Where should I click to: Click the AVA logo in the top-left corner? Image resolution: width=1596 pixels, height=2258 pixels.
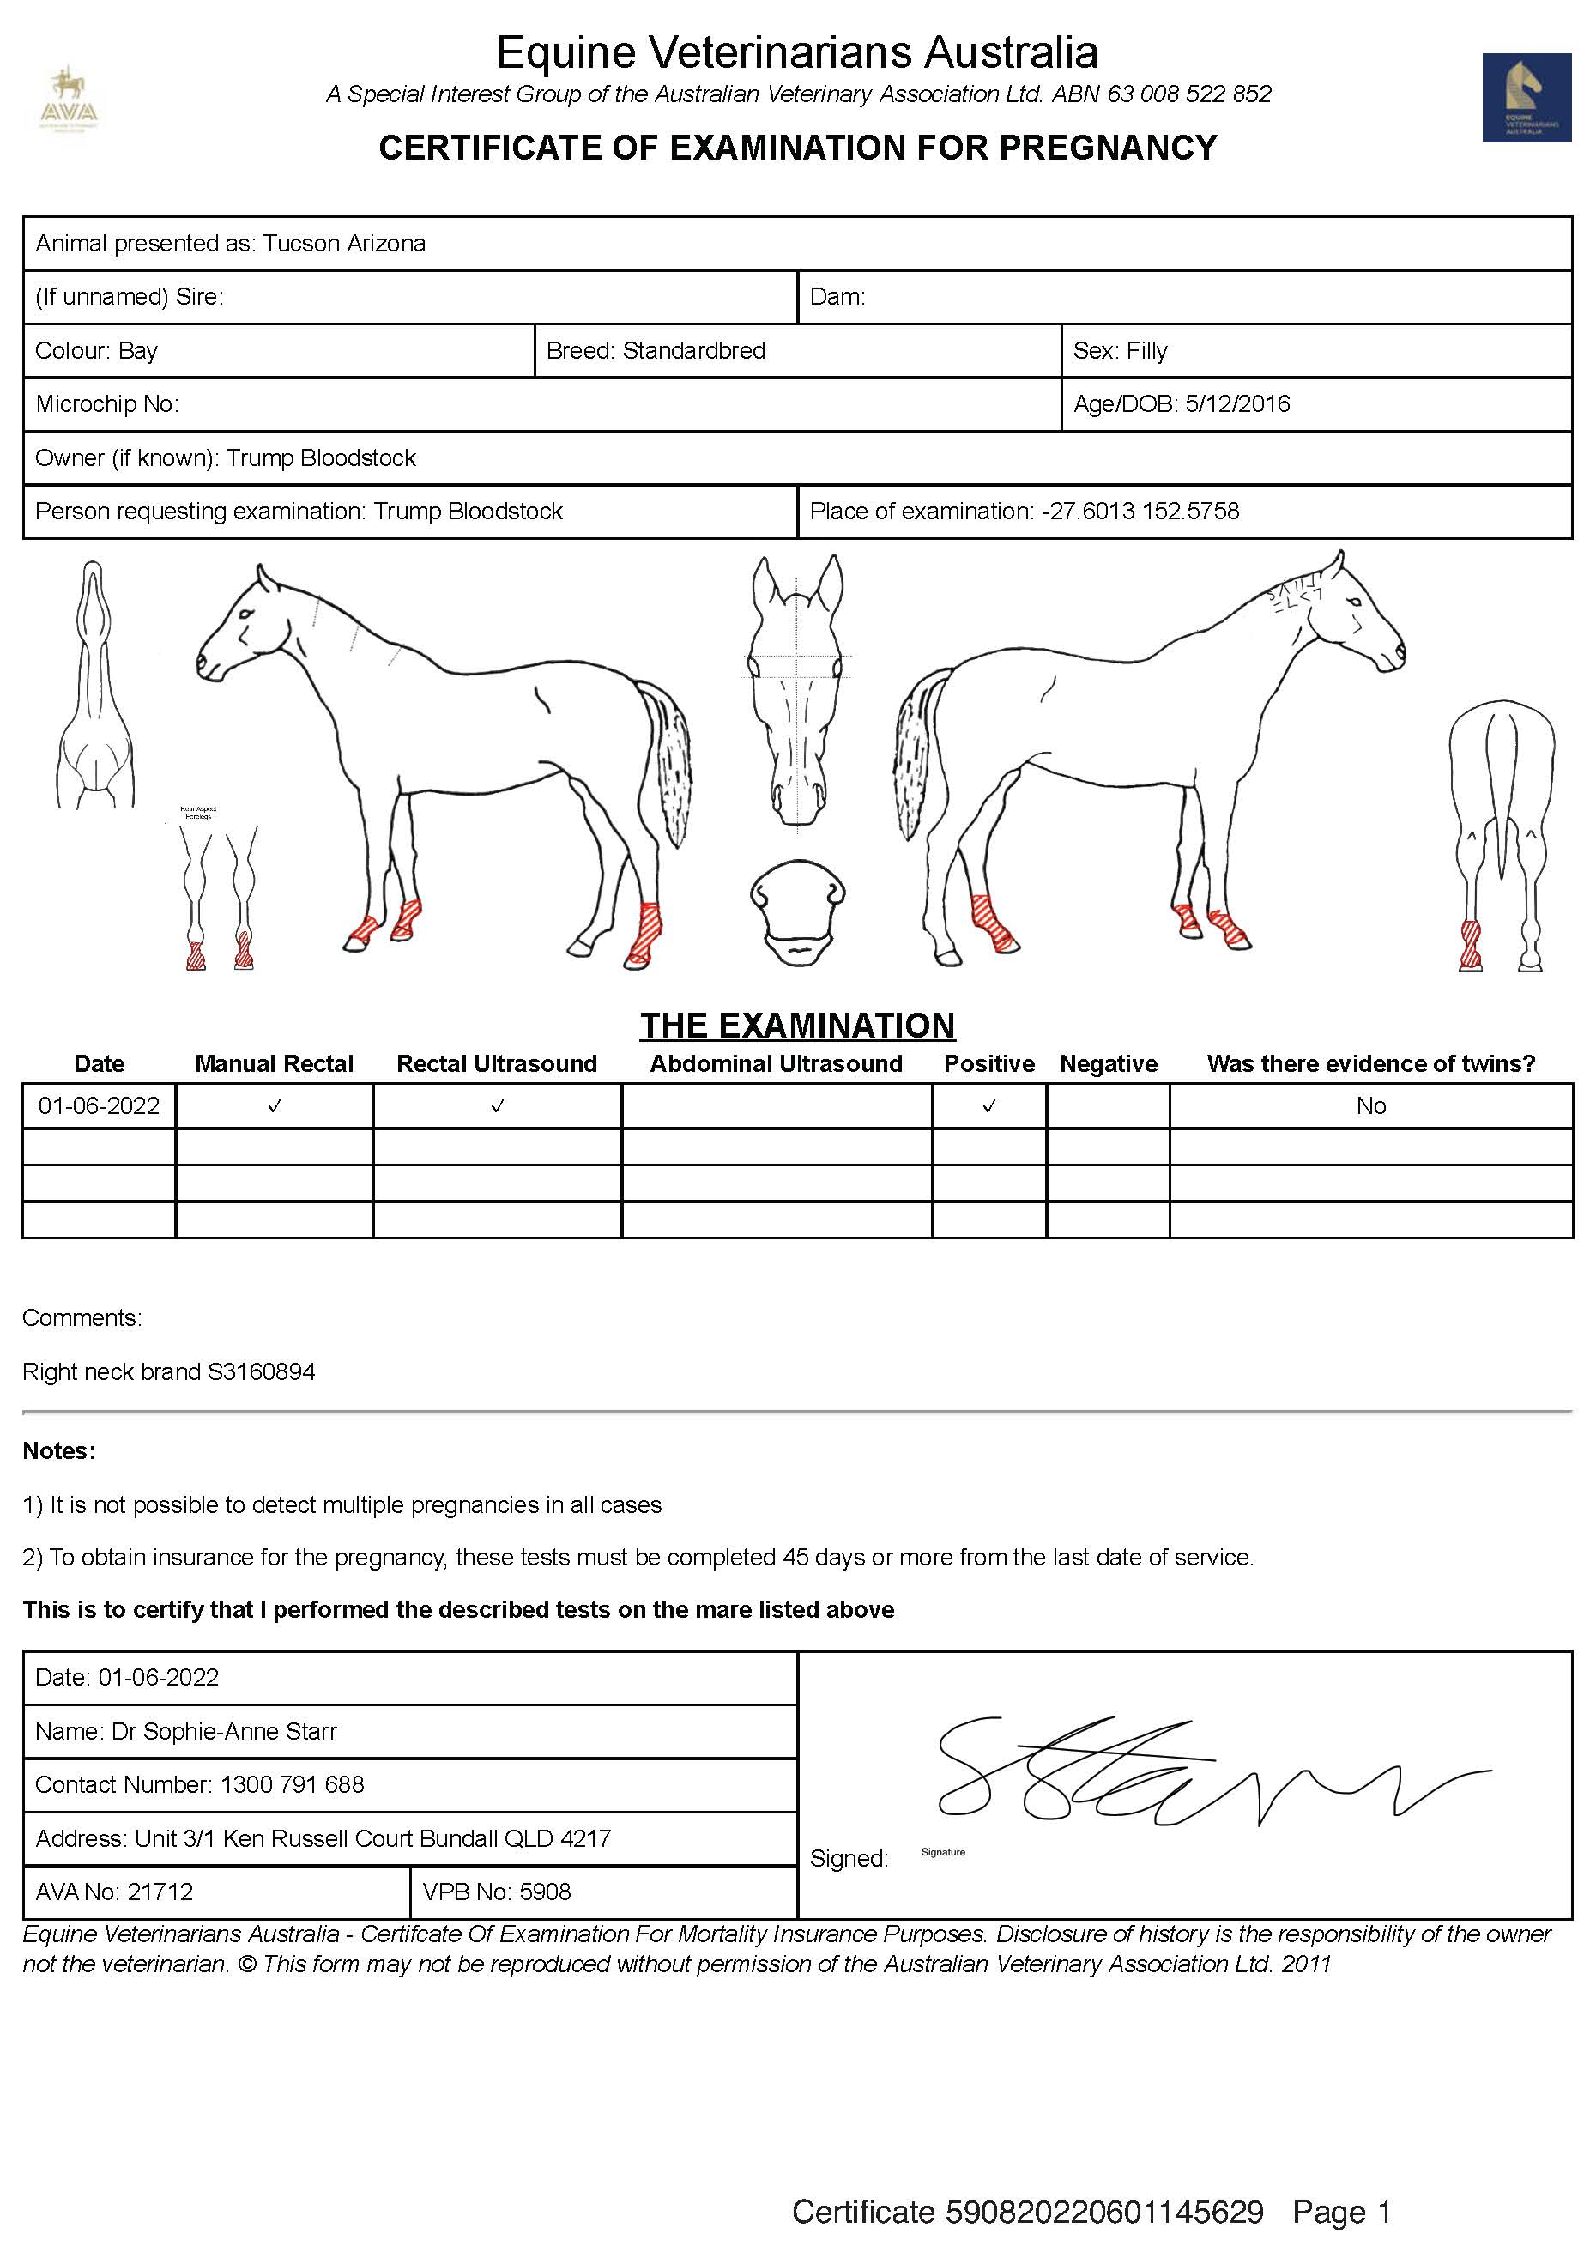[x=70, y=102]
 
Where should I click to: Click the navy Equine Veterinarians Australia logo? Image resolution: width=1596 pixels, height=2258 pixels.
[x=1526, y=97]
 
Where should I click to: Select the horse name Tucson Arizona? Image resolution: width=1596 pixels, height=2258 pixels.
[x=344, y=244]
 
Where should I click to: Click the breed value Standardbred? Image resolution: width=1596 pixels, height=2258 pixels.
[x=693, y=351]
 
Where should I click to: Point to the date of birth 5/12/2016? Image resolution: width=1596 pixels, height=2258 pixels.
[x=1237, y=404]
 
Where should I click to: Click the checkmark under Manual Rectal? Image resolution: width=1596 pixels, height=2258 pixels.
[x=275, y=1106]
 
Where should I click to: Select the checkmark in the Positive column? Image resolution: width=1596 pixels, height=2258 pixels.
[x=989, y=1106]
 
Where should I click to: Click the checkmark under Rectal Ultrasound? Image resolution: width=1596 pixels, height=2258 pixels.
[x=498, y=1106]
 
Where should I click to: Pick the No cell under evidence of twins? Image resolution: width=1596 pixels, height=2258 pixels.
[x=1371, y=1106]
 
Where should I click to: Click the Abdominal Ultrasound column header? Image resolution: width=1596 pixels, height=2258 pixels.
[x=776, y=1064]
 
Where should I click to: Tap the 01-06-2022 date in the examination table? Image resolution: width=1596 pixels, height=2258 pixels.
[x=100, y=1106]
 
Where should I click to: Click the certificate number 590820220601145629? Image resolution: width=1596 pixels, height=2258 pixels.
[x=1103, y=2212]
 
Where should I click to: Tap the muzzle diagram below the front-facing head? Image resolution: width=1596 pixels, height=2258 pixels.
[x=797, y=912]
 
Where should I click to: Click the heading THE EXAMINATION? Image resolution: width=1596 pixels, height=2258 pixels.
[x=797, y=1026]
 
